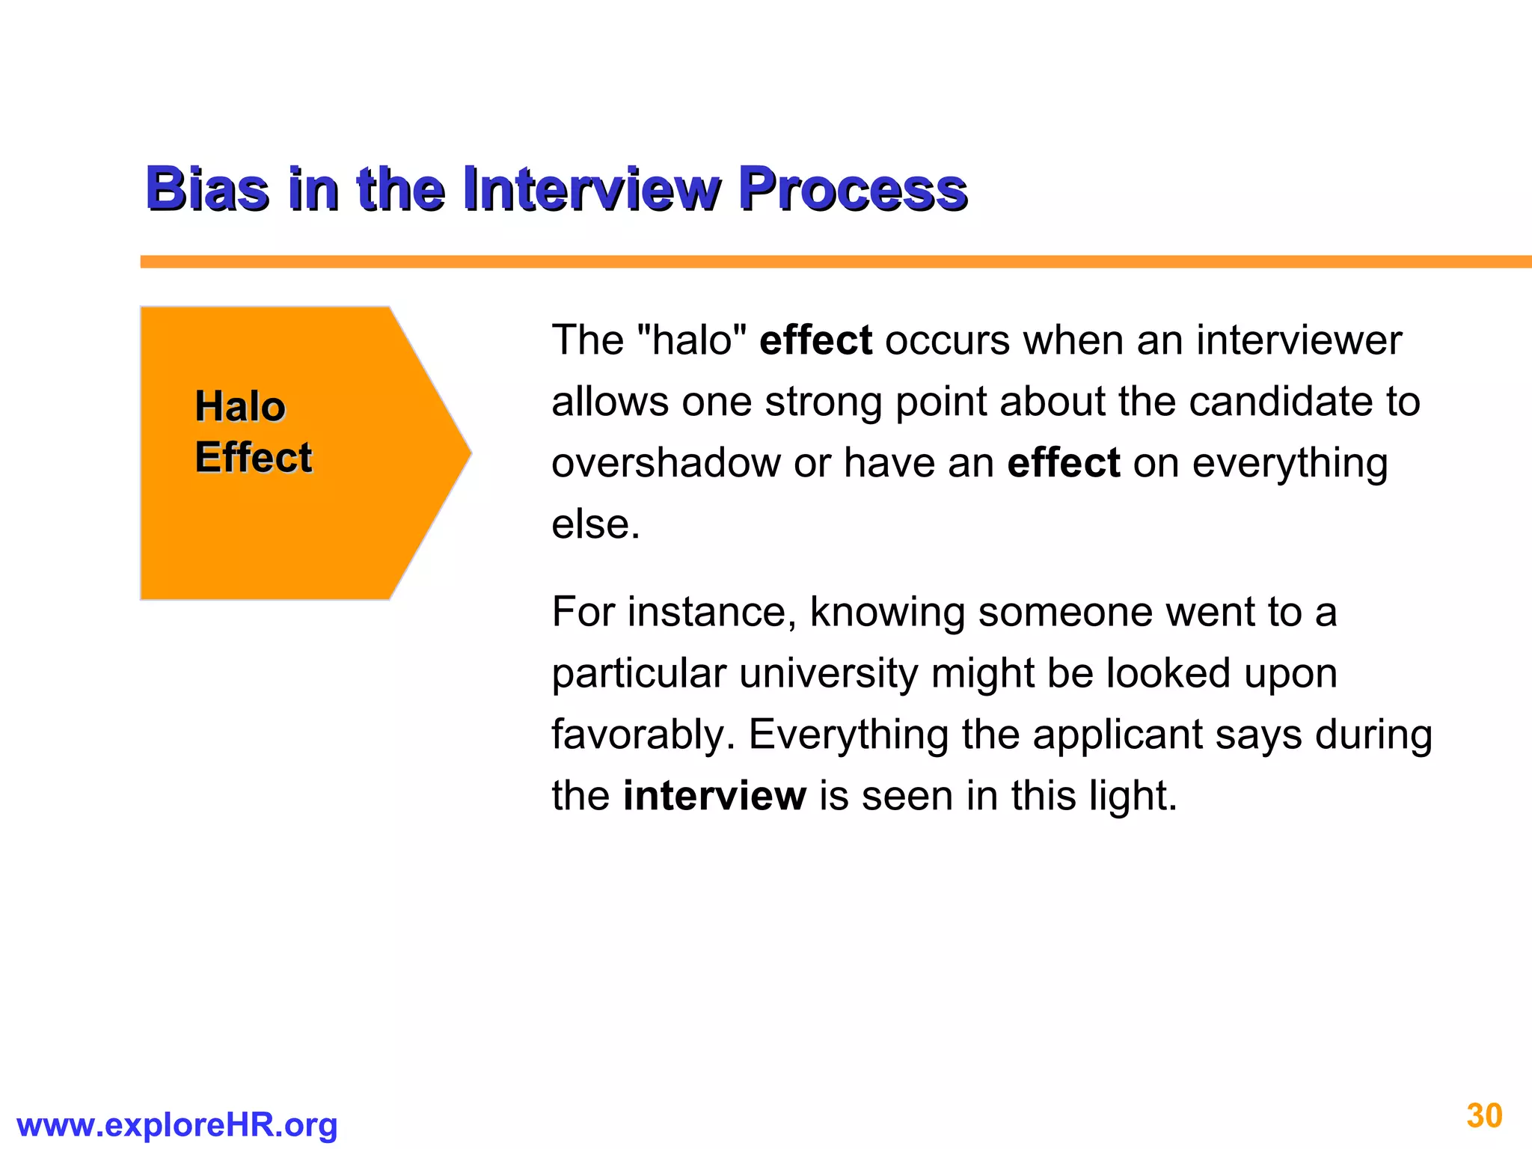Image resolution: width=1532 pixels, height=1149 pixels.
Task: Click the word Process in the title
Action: pos(853,189)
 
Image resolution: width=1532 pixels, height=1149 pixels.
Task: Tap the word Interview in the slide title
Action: pos(591,189)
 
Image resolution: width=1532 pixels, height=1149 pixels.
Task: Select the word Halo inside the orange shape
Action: pos(240,407)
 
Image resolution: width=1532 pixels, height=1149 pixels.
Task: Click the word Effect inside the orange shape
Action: pos(254,457)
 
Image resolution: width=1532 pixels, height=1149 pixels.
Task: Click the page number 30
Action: pos(1484,1116)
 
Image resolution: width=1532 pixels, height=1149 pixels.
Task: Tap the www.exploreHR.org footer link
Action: pos(177,1125)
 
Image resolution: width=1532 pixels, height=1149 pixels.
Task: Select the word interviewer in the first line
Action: pos(1299,340)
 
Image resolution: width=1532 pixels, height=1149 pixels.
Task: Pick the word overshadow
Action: pos(666,463)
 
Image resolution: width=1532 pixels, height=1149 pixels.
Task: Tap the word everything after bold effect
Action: pos(1290,463)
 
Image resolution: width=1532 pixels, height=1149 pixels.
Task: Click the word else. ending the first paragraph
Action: pos(595,524)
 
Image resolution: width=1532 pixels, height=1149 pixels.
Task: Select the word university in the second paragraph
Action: pos(828,673)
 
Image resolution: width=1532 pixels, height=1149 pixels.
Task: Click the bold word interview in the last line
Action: pos(714,796)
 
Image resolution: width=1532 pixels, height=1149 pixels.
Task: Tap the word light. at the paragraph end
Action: pos(1133,796)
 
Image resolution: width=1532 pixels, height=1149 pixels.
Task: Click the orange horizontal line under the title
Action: pos(823,262)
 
